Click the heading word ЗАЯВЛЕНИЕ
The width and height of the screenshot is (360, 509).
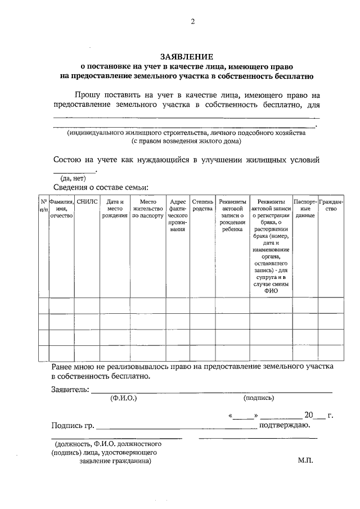pyautogui.click(x=187, y=56)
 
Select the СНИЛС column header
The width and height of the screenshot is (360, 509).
pyautogui.click(x=87, y=201)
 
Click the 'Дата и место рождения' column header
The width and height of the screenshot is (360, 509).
pyautogui.click(x=115, y=208)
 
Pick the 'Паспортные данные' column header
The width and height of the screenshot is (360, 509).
pyautogui.click(x=304, y=208)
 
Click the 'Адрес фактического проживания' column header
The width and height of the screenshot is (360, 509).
pyautogui.click(x=178, y=215)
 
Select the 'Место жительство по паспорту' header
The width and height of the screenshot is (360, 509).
pyautogui.click(x=147, y=208)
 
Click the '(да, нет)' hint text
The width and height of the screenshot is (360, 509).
pyautogui.click(x=73, y=178)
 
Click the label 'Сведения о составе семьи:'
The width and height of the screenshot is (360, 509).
pyautogui.click(x=101, y=187)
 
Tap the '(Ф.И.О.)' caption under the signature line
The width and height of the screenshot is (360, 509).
pyautogui.click(x=124, y=398)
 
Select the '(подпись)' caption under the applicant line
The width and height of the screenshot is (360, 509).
pyautogui.click(x=259, y=398)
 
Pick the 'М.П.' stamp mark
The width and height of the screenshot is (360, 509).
pyautogui.click(x=305, y=460)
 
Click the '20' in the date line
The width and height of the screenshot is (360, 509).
pyautogui.click(x=308, y=415)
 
